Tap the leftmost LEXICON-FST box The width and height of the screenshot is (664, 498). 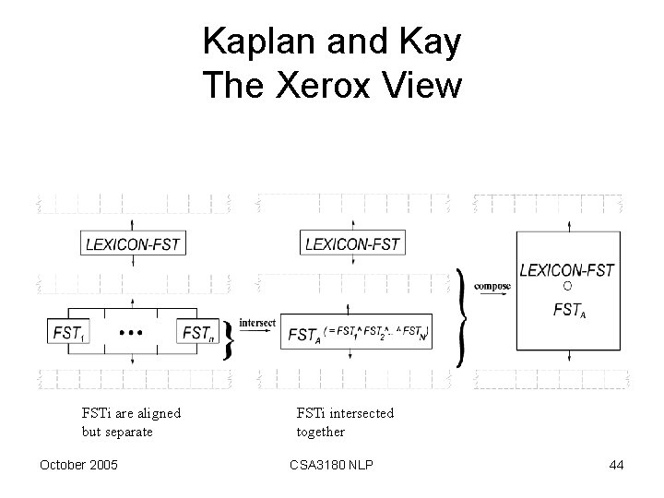pos(134,244)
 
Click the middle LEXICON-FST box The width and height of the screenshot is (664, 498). pos(352,244)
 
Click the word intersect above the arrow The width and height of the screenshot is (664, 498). pos(257,323)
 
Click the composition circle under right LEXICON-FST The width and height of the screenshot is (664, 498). pos(566,289)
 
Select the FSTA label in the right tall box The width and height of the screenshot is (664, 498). pos(568,310)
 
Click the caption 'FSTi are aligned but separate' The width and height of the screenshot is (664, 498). pos(131,421)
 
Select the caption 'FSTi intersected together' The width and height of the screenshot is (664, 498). pos(345,421)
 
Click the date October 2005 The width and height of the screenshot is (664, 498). pos(78,465)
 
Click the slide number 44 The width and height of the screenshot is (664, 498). pos(616,465)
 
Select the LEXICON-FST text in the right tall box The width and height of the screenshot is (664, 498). pos(566,270)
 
